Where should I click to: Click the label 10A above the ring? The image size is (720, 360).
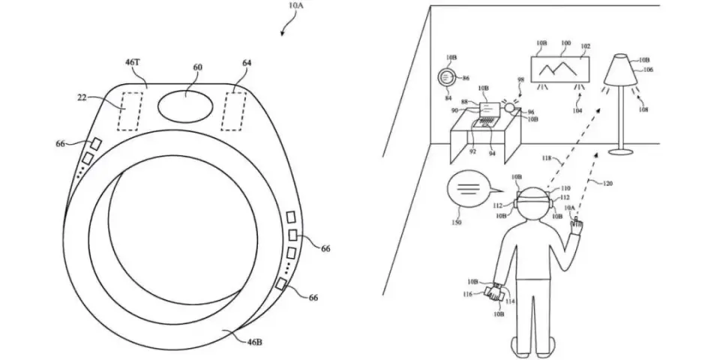[296, 7]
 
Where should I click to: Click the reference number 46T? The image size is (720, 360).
[132, 64]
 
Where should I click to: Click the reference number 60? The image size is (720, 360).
[197, 67]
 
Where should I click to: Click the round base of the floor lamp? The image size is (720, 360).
[621, 151]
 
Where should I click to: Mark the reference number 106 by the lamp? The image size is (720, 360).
[647, 70]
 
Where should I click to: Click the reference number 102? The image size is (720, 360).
[586, 45]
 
